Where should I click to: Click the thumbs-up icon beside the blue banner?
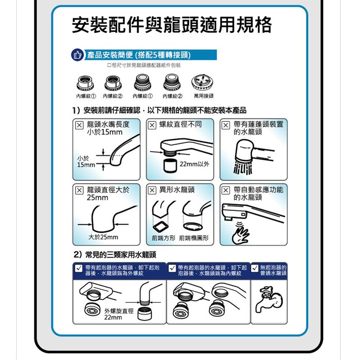[x=77, y=55]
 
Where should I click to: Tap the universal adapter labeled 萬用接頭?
[x=202, y=82]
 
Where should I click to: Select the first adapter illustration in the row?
[x=85, y=83]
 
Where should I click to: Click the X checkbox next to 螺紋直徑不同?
[x=152, y=125]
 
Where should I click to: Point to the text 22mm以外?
[x=194, y=164]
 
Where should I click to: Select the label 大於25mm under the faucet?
[x=103, y=237]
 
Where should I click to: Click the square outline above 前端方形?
[x=161, y=227]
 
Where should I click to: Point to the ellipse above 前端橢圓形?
[x=193, y=226]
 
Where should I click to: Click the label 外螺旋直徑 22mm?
[x=119, y=314]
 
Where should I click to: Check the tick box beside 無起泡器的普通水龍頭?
[x=254, y=268]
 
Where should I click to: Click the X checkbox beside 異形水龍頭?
[x=152, y=190]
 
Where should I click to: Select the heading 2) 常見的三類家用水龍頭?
[x=115, y=255]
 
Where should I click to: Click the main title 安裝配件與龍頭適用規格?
[x=172, y=25]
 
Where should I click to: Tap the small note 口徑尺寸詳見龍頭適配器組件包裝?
[x=144, y=65]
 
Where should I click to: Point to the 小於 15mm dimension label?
[x=86, y=162]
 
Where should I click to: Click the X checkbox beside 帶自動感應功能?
[x=226, y=190]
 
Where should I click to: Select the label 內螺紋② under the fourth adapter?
[x=172, y=96]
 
